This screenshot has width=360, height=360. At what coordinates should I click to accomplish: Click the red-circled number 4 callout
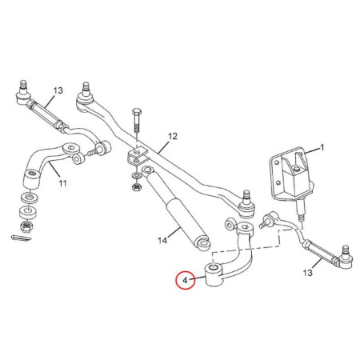(x=185, y=280)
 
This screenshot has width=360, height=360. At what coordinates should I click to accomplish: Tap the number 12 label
(x=173, y=137)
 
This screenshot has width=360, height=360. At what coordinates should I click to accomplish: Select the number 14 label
(x=162, y=241)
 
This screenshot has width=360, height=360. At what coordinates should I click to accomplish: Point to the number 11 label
(x=62, y=183)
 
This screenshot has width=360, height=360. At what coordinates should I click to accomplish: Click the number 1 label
(x=322, y=147)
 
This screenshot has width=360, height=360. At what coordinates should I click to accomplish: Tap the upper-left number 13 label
(x=58, y=90)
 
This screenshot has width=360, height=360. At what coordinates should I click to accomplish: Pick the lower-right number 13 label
(x=307, y=273)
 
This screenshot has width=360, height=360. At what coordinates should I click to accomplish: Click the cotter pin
(x=22, y=237)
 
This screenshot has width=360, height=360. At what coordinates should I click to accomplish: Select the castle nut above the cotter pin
(x=26, y=226)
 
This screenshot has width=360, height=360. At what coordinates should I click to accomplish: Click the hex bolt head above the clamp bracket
(x=137, y=111)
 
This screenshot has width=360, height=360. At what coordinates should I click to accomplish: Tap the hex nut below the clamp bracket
(x=136, y=186)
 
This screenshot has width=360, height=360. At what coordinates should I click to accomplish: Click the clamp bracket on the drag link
(x=137, y=158)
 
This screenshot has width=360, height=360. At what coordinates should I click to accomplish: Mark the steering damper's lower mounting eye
(x=203, y=243)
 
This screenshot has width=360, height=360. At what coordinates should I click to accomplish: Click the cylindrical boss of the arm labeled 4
(x=213, y=274)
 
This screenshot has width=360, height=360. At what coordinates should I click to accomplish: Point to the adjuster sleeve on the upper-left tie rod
(x=46, y=114)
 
